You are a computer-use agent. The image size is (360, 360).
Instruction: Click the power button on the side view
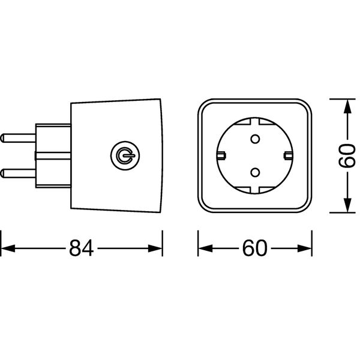125,155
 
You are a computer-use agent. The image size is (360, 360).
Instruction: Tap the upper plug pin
18,138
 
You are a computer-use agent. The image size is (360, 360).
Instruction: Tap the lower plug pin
18,173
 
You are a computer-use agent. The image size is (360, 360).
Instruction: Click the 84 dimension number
82,248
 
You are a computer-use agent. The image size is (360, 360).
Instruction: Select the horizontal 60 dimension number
255,248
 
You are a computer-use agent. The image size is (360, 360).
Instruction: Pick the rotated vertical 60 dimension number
347,156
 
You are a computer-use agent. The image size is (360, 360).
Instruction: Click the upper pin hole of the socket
255,139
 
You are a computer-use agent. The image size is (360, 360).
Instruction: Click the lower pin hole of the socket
255,172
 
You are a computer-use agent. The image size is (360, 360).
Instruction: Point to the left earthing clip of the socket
221,155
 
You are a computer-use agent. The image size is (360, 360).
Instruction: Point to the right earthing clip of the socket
289,155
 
